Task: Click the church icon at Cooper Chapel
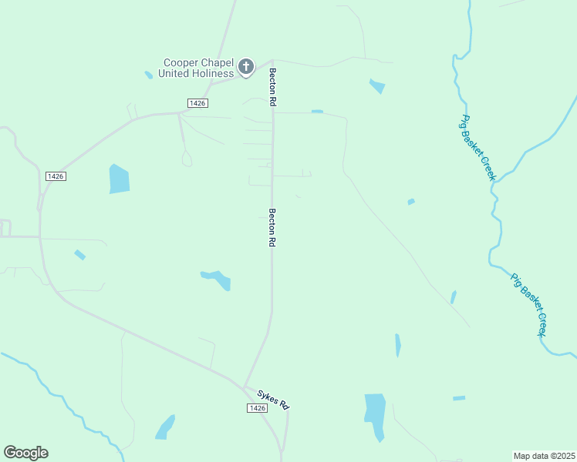246,67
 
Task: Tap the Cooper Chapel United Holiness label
196,68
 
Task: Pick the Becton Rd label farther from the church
272,227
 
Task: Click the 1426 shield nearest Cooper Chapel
197,102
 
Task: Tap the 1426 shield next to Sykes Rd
258,407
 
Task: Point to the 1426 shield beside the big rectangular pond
56,176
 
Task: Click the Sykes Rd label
272,400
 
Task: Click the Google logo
25,452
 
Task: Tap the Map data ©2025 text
544,455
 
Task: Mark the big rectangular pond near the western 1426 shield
119,179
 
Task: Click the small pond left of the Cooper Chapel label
148,75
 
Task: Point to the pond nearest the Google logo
165,427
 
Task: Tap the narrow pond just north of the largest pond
398,344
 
